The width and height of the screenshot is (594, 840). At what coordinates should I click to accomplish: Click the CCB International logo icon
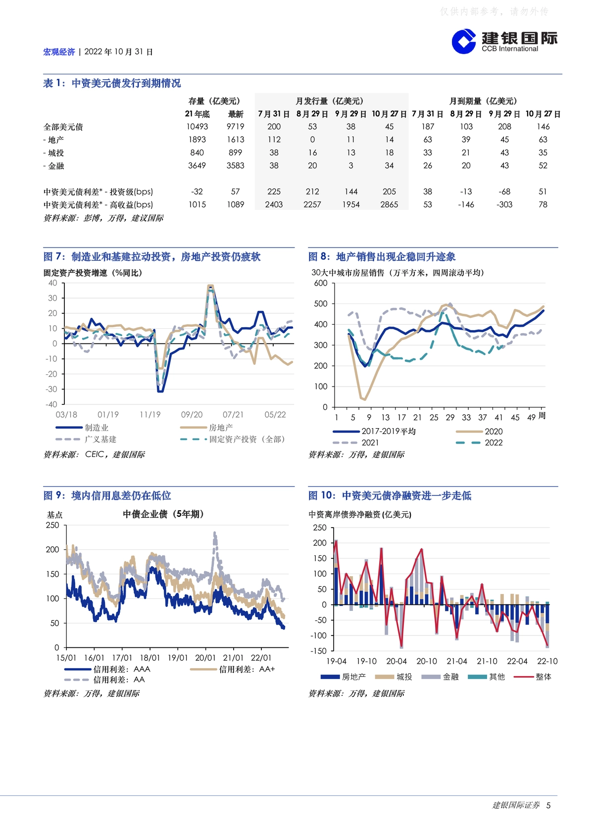[464, 42]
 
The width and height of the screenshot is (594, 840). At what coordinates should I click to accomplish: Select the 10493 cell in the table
[197, 127]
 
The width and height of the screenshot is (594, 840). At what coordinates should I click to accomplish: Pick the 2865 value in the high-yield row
[389, 205]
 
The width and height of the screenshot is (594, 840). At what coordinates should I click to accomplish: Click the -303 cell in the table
[504, 205]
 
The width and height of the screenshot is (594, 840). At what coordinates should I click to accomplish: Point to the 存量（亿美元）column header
[214, 101]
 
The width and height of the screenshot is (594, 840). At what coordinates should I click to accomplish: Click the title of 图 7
[152, 257]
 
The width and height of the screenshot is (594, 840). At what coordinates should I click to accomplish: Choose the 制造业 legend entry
[82, 428]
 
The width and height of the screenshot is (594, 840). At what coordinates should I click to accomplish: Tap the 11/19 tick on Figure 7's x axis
[150, 415]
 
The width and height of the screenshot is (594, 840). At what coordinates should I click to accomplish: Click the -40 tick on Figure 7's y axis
[51, 404]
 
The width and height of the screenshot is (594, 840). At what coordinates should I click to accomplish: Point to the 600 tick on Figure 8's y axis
[321, 283]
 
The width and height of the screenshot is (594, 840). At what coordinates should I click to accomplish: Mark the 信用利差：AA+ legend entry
[233, 669]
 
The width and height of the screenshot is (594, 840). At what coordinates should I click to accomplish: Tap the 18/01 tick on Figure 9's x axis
[150, 658]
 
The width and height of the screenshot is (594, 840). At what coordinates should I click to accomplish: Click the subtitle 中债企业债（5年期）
[163, 514]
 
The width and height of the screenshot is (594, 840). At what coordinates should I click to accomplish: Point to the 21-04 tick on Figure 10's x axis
[457, 661]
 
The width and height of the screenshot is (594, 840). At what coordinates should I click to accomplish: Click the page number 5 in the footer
[548, 805]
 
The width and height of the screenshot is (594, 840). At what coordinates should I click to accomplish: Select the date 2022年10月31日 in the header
[118, 52]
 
